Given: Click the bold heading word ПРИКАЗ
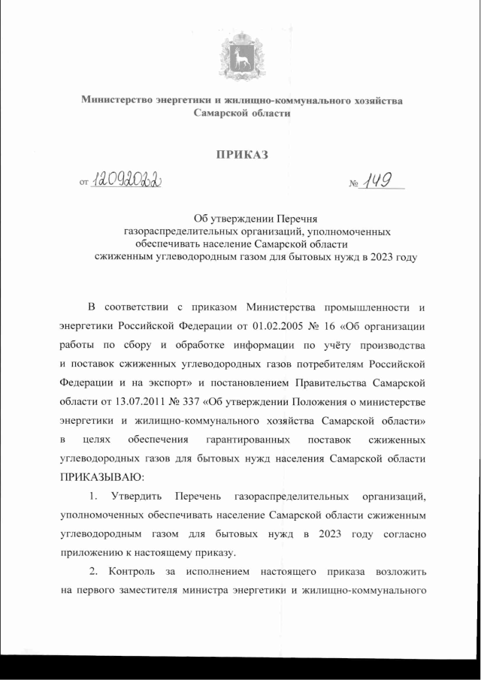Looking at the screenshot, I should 241,156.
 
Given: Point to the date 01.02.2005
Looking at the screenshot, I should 277,327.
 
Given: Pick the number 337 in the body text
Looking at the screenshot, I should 191,400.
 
